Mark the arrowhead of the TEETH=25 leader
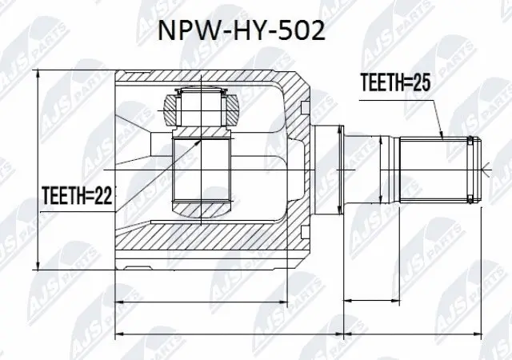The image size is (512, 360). click(x=442, y=138)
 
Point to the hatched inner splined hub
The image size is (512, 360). click(x=202, y=168)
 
